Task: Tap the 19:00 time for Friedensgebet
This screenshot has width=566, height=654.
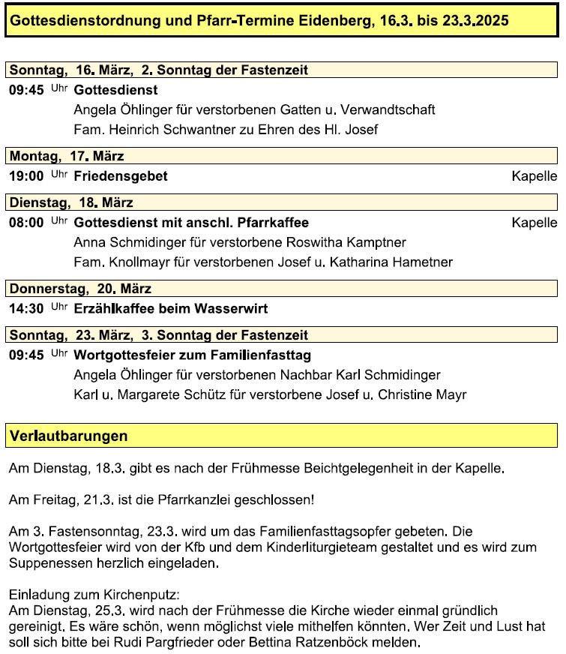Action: click(26, 177)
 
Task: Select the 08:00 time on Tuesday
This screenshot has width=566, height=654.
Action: click(26, 223)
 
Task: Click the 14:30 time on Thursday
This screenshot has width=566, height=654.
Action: click(26, 309)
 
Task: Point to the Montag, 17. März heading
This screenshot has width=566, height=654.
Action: click(67, 156)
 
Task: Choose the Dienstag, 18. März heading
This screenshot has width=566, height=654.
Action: click(71, 202)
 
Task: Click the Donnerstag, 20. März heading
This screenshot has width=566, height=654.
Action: click(80, 288)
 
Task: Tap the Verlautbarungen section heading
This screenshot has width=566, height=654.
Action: click(68, 436)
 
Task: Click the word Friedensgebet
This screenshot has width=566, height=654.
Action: click(121, 177)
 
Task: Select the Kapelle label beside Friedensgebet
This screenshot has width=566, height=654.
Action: click(534, 177)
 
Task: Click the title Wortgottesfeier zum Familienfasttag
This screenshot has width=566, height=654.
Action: click(193, 355)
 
